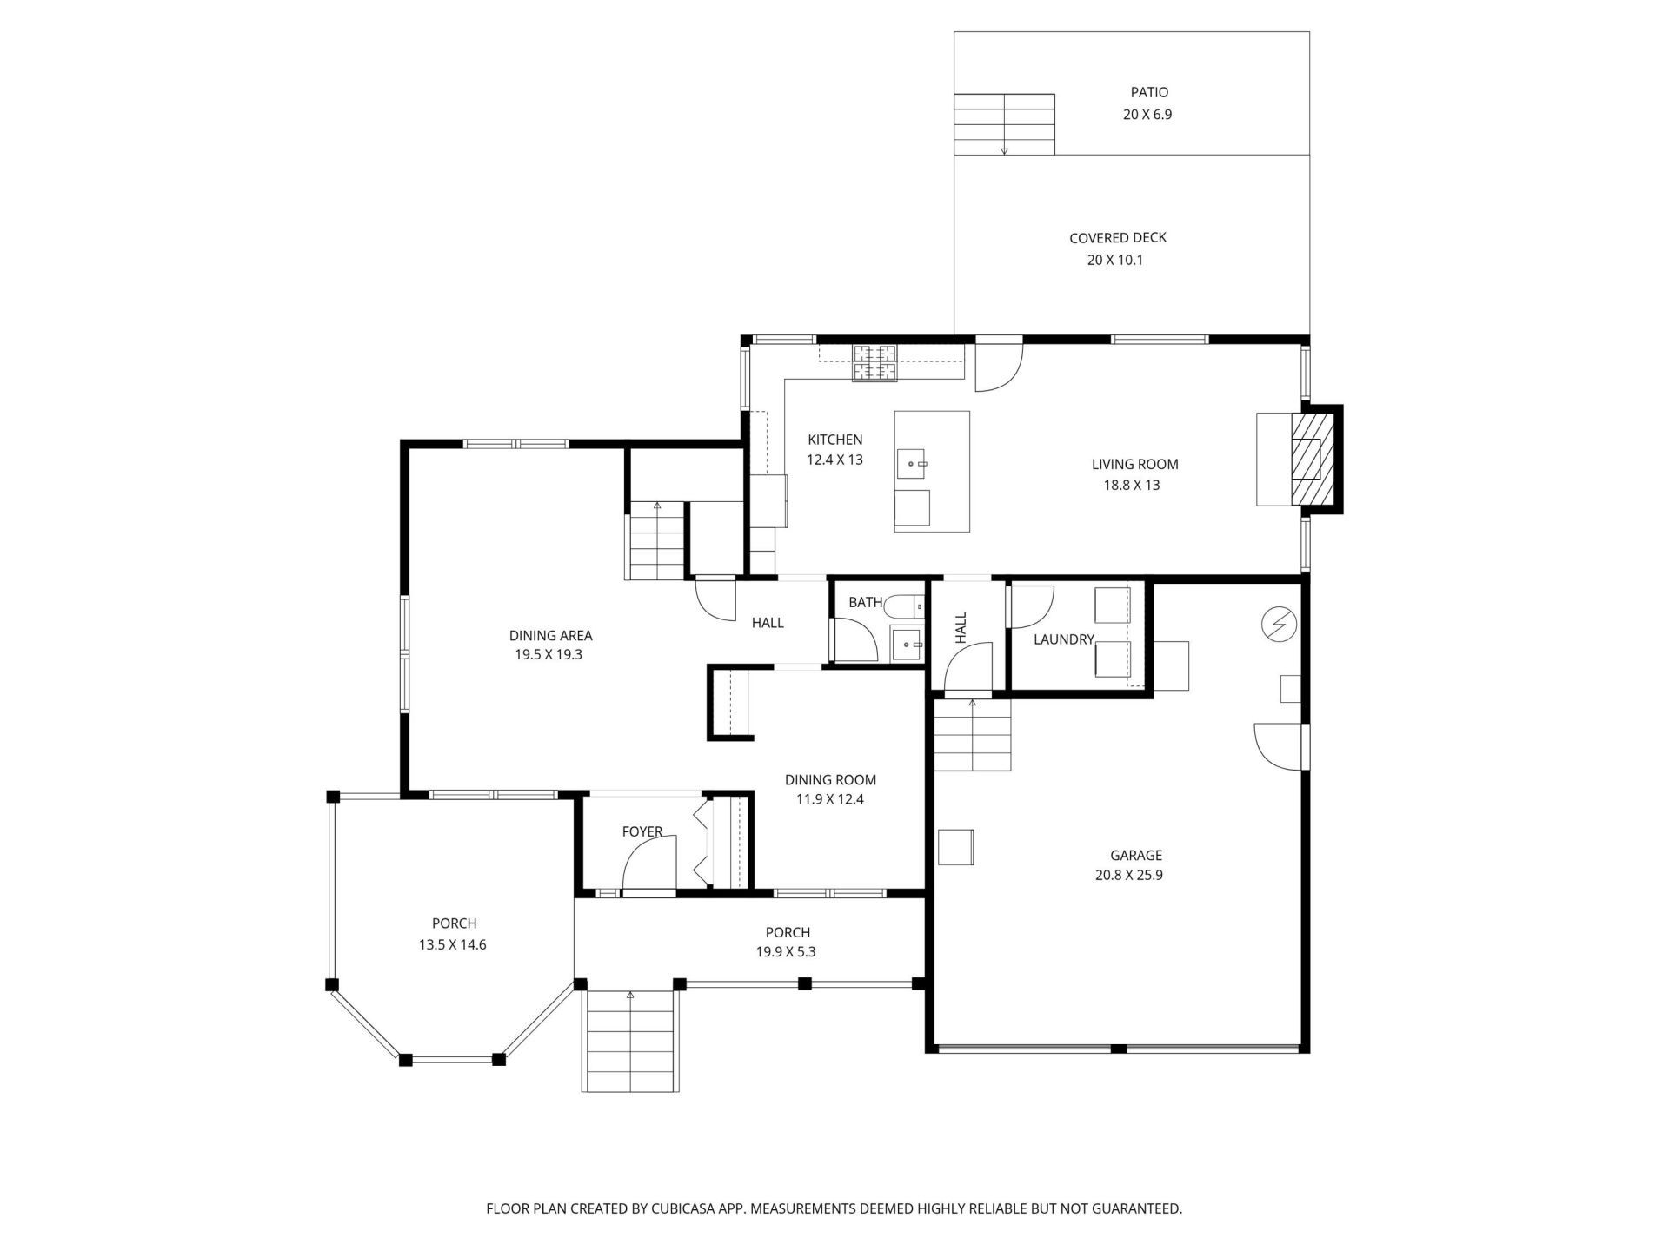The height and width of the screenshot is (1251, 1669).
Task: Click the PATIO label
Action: click(x=1148, y=92)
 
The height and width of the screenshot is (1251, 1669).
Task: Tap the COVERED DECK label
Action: click(x=1117, y=238)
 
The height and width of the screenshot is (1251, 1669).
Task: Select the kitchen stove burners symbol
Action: click(x=874, y=363)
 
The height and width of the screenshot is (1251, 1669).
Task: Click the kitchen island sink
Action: click(x=913, y=464)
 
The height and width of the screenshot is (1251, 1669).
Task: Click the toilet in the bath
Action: click(x=906, y=606)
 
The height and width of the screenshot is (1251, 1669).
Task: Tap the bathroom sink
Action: click(x=907, y=645)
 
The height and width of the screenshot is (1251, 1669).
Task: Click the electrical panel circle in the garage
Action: click(x=1279, y=624)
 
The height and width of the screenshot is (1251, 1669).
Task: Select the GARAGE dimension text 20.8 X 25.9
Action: click(x=1128, y=876)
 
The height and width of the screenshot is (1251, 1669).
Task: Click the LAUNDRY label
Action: click(x=1063, y=639)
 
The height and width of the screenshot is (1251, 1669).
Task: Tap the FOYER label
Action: click(x=642, y=832)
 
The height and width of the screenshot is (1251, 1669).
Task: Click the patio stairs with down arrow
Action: click(x=1004, y=123)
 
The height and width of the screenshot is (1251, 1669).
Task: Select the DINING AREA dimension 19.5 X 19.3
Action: click(x=548, y=655)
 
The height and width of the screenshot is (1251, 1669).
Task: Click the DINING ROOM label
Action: click(x=830, y=780)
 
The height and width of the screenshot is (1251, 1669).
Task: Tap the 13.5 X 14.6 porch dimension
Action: click(x=452, y=945)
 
